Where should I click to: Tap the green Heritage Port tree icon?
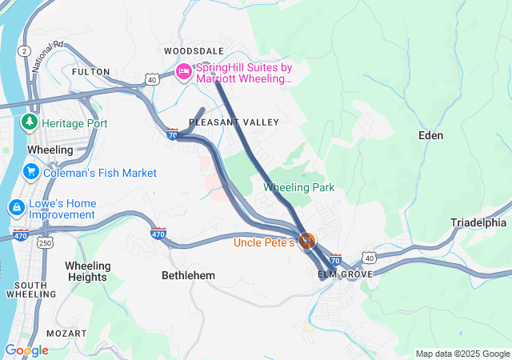pos(30,122)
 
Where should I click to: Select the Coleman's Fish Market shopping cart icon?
pos(31,172)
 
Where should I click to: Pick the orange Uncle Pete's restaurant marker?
pos(307,240)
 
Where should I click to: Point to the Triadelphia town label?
pos(478,222)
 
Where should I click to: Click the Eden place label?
pos(430,135)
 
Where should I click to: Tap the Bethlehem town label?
pos(188,275)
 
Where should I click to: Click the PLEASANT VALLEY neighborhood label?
pos(234,122)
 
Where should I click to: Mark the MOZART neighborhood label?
pos(66,332)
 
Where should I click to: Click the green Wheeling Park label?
pos(298,187)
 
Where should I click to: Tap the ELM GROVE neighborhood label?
pos(346,274)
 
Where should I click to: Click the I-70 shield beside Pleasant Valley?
pos(172,134)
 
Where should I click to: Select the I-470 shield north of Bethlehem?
pos(158,234)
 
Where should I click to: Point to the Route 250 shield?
pos(46,242)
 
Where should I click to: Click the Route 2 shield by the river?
pos(26,50)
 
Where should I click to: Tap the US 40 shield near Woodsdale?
pos(151,79)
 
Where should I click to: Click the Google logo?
pos(26,350)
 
